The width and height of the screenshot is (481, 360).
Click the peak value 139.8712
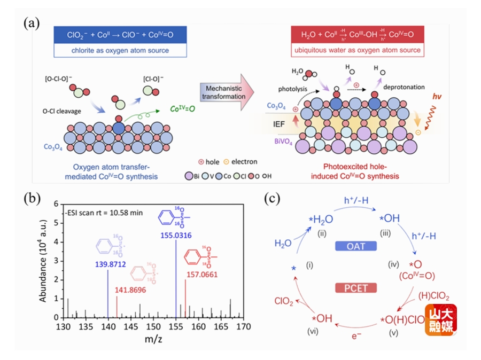[108, 262]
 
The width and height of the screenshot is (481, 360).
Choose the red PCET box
[356, 288]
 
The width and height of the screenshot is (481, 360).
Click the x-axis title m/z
[153, 338]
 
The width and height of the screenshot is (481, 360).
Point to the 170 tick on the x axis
[243, 326]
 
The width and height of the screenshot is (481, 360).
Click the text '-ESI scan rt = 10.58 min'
[104, 212]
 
